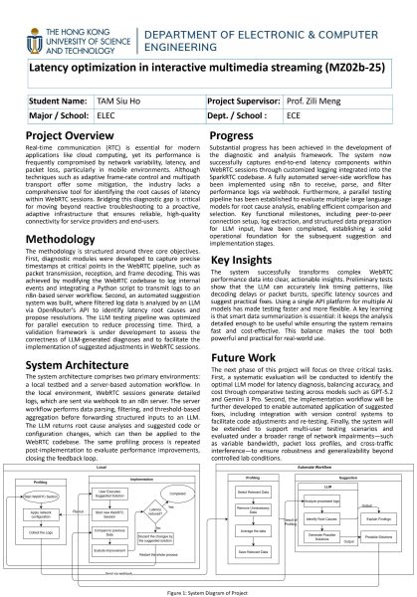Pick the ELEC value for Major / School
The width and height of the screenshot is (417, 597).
pyautogui.click(x=106, y=114)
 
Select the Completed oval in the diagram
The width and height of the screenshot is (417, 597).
pyautogui.click(x=180, y=490)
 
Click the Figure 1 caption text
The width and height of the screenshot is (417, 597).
pyautogui.click(x=208, y=589)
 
